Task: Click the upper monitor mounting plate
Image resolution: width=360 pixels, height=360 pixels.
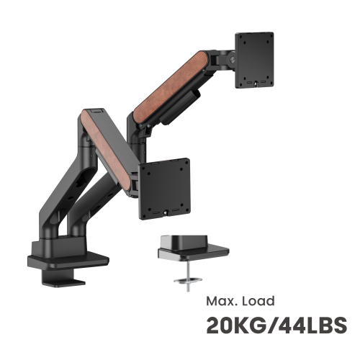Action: (x=254, y=60)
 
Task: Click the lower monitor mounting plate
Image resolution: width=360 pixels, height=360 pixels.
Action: (x=164, y=189)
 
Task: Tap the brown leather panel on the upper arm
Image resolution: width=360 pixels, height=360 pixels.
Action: (x=171, y=87)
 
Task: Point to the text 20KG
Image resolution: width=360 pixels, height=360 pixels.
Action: (x=236, y=325)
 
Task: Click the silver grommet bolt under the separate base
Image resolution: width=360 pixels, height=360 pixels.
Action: (x=189, y=276)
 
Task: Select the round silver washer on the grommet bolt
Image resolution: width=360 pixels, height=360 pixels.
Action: (x=188, y=280)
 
